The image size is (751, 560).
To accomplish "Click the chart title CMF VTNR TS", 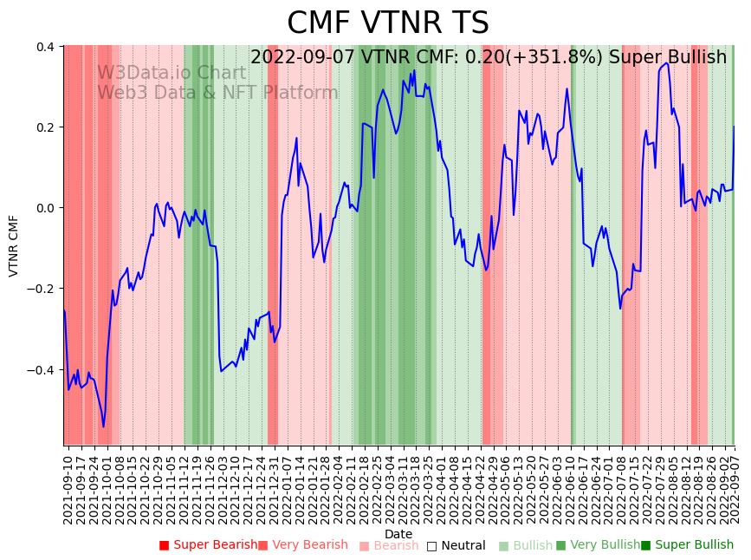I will [388, 23].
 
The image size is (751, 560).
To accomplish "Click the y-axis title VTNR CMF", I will [14, 246].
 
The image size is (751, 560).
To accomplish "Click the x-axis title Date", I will [398, 534].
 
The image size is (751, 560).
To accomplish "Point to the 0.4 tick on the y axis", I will [45, 46].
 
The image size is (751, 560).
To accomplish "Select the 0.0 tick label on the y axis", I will [45, 208].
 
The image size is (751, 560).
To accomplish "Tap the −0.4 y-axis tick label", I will [42, 370].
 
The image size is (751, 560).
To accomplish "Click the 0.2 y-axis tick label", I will [45, 127].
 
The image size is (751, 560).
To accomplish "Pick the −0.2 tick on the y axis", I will [42, 290].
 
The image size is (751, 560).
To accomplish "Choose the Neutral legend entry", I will [463, 546].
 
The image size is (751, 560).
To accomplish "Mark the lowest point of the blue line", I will [103, 427].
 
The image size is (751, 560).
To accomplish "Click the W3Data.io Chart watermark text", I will [172, 73].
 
